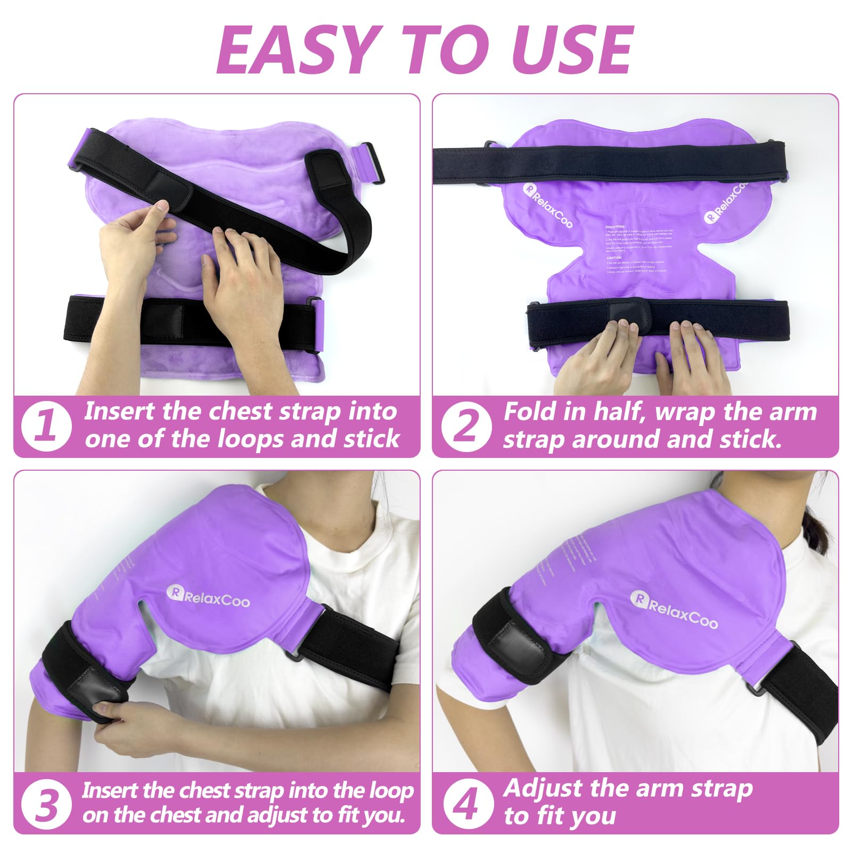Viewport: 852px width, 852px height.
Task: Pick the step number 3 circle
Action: tap(46, 804)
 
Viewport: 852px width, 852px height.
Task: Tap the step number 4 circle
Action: tap(466, 804)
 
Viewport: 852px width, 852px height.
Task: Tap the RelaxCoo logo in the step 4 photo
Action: tap(674, 609)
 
